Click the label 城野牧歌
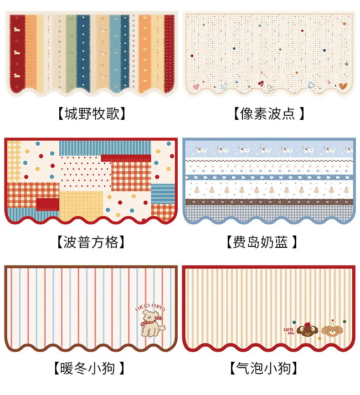tap(92, 113)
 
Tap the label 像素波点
tap(267, 113)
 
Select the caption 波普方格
tap(91, 242)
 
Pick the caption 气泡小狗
tap(263, 368)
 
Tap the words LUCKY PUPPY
tap(151, 307)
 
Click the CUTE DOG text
tap(289, 331)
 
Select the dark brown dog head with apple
tap(307, 329)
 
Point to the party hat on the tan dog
tap(333, 323)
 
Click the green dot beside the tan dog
tap(345, 322)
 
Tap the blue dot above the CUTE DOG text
tap(294, 322)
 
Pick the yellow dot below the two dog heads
tap(320, 339)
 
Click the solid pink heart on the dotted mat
tap(196, 87)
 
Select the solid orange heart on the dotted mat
tap(343, 86)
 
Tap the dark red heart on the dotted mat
tap(261, 83)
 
